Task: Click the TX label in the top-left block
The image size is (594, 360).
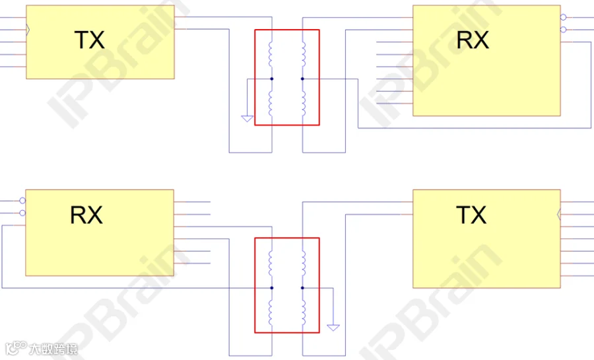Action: (x=89, y=40)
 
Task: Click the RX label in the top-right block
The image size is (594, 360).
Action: (x=473, y=40)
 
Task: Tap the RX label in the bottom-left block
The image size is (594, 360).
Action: (x=86, y=215)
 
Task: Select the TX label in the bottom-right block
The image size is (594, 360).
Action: (x=471, y=215)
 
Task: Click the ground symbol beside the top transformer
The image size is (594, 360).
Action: (x=247, y=119)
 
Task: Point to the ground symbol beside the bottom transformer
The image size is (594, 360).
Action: (x=333, y=328)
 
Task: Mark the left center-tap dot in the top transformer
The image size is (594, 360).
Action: (x=272, y=79)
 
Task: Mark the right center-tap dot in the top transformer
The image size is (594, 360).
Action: (x=302, y=79)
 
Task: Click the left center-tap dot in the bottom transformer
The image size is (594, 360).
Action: (x=272, y=288)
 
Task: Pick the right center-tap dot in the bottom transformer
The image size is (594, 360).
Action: (x=302, y=288)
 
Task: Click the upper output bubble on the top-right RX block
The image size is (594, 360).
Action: (x=564, y=17)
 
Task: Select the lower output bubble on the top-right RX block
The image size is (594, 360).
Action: (x=564, y=30)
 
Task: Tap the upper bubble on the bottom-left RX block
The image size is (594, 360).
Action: (x=22, y=200)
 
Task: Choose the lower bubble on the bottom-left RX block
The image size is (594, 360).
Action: (x=22, y=213)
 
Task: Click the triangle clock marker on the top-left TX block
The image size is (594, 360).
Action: (x=28, y=30)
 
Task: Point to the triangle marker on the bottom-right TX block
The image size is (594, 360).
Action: (x=559, y=215)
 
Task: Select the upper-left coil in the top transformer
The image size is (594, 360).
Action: (x=270, y=54)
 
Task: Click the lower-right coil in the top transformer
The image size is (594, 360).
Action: (x=304, y=103)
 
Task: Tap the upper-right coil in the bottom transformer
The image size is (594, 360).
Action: (x=304, y=263)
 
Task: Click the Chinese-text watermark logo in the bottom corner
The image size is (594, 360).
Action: (x=42, y=349)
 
